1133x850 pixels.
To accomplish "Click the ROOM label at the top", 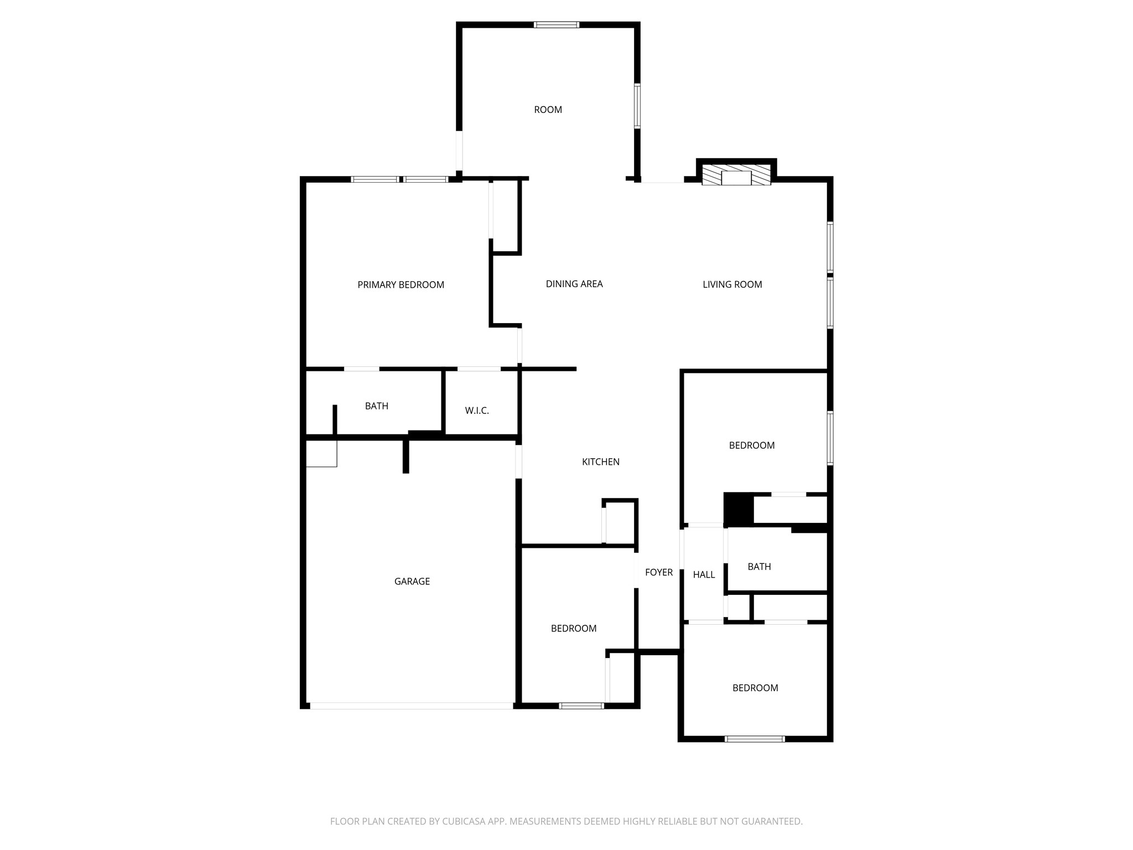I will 548,110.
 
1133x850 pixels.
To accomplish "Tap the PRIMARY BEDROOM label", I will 401,285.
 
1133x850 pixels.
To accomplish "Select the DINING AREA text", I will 574,284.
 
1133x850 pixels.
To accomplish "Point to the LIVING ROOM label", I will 732,284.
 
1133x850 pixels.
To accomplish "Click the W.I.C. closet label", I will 476,411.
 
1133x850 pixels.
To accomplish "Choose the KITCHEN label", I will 600,462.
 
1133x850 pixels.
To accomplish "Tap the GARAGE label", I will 412,581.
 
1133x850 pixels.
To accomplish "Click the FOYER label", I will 658,572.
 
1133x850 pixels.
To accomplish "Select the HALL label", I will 704,574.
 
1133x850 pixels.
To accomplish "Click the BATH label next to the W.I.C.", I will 376,406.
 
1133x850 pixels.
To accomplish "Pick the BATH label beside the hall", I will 758,567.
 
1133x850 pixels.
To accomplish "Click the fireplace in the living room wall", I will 736,175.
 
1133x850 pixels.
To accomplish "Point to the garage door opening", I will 411,706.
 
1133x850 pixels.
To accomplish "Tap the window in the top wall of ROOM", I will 556,25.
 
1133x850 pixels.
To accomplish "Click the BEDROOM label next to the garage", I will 573,628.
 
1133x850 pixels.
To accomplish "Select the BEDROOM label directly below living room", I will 751,445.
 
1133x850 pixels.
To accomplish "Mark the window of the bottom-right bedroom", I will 754,739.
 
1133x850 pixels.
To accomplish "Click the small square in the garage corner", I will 321,454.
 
